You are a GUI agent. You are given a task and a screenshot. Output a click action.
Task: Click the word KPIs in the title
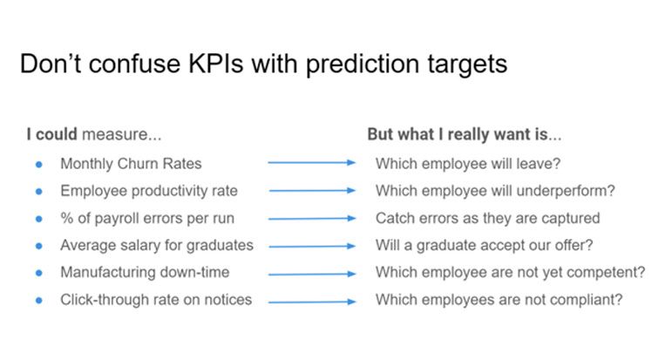pyautogui.click(x=216, y=64)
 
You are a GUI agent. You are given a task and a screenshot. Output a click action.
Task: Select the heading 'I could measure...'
pyautogui.click(x=94, y=134)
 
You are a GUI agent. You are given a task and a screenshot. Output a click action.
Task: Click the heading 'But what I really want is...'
pyautogui.click(x=464, y=134)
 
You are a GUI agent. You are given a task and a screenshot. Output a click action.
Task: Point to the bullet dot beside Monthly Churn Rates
pyautogui.click(x=39, y=164)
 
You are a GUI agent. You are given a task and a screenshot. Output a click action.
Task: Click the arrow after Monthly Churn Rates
pyautogui.click(x=312, y=162)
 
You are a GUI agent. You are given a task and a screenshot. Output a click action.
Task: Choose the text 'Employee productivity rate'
pyautogui.click(x=149, y=191)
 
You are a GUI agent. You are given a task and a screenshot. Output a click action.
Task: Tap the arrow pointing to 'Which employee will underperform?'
pyautogui.click(x=312, y=190)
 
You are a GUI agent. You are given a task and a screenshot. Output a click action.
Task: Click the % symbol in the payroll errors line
pyautogui.click(x=67, y=218)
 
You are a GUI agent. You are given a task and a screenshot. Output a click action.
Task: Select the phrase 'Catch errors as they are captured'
pyautogui.click(x=488, y=218)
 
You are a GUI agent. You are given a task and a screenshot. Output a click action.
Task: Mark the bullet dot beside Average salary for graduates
pyautogui.click(x=39, y=246)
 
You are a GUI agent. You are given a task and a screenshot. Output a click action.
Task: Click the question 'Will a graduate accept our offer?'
pyautogui.click(x=484, y=245)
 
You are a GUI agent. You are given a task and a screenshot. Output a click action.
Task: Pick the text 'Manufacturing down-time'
pyautogui.click(x=145, y=272)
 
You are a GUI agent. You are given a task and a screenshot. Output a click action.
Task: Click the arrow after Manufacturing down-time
pyautogui.click(x=312, y=274)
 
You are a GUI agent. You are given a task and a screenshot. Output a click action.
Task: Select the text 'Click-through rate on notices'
pyautogui.click(x=156, y=299)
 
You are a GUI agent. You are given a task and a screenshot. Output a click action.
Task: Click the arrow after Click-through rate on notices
pyautogui.click(x=312, y=302)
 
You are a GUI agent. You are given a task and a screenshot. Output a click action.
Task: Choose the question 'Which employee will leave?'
pyautogui.click(x=468, y=164)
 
